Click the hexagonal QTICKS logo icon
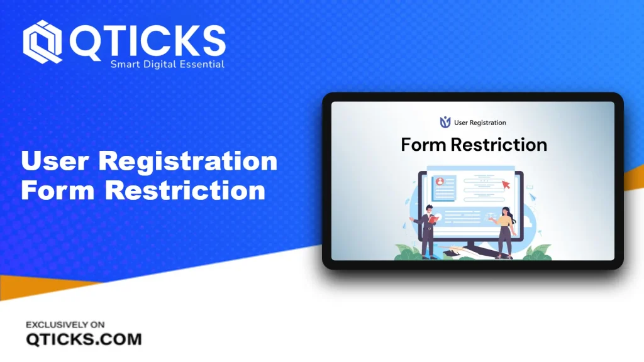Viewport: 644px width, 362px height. [42, 41]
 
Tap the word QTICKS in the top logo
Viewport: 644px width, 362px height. [147, 41]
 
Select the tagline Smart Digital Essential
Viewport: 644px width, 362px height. [167, 65]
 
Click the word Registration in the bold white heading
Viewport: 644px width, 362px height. [187, 162]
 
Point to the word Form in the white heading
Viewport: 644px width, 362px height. [58, 190]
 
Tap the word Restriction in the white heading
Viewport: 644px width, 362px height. [186, 190]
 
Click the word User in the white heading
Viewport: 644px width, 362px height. [55, 160]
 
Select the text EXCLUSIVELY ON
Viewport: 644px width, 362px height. [65, 325]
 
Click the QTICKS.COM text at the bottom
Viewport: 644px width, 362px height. [84, 339]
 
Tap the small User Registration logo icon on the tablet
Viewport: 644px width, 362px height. [445, 122]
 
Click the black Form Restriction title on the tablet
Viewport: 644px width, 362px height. [474, 145]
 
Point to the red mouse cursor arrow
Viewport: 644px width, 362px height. [506, 185]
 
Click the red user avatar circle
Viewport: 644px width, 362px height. [440, 182]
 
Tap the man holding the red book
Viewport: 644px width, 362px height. [425, 231]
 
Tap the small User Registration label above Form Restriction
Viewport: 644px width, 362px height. [480, 123]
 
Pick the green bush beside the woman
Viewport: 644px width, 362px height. [536, 252]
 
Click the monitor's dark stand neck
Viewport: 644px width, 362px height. [471, 244]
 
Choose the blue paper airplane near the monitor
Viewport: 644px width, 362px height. [533, 197]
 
